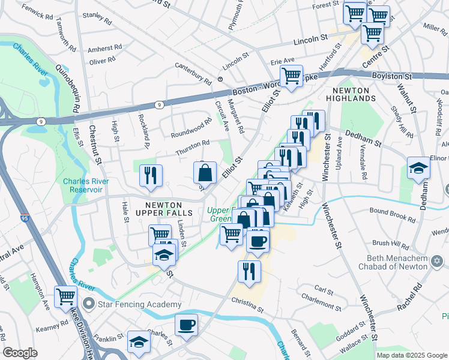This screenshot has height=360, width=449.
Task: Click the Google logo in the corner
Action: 20,353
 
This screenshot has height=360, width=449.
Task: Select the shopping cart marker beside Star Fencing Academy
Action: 66,295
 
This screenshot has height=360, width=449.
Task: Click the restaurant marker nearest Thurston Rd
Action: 151,175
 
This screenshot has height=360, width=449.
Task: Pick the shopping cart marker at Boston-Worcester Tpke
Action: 291,76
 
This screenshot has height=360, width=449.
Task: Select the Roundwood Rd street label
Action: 191,128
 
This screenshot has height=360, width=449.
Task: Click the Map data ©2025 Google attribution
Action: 411,355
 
